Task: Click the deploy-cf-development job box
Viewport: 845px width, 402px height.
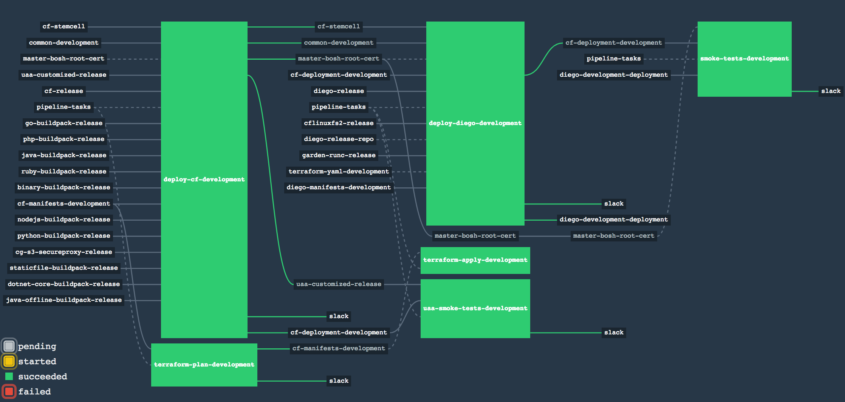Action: pyautogui.click(x=204, y=179)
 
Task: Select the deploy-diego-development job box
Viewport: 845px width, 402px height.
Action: pyautogui.click(x=475, y=123)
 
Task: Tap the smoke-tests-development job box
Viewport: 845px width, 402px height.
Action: pyautogui.click(x=744, y=59)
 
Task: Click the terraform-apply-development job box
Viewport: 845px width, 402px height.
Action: pyautogui.click(x=475, y=260)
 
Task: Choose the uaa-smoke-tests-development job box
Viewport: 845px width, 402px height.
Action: pyautogui.click(x=475, y=308)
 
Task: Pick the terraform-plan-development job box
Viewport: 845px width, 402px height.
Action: pyautogui.click(x=204, y=365)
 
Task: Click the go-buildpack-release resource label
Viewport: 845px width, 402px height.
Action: pyautogui.click(x=64, y=123)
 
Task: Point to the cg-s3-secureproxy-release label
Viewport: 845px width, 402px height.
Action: pyautogui.click(x=64, y=252)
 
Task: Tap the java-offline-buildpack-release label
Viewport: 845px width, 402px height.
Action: pyautogui.click(x=64, y=300)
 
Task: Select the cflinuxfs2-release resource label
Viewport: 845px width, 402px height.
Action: pyautogui.click(x=339, y=123)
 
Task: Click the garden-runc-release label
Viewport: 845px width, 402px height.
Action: pyautogui.click(x=339, y=155)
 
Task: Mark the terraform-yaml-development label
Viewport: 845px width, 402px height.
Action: pyautogui.click(x=339, y=172)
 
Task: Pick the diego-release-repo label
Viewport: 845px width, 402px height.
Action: pyautogui.click(x=339, y=139)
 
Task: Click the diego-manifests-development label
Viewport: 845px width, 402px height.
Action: pyautogui.click(x=339, y=187)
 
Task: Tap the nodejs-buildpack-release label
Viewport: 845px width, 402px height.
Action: pyautogui.click(x=64, y=220)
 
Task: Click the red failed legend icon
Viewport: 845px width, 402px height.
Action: pyautogui.click(x=9, y=391)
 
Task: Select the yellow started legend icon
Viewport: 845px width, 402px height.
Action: pyautogui.click(x=9, y=361)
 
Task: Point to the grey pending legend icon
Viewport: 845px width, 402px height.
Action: pyautogui.click(x=9, y=346)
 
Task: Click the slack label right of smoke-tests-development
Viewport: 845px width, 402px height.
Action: pyautogui.click(x=831, y=91)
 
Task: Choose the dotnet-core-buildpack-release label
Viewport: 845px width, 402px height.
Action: pyautogui.click(x=64, y=284)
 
